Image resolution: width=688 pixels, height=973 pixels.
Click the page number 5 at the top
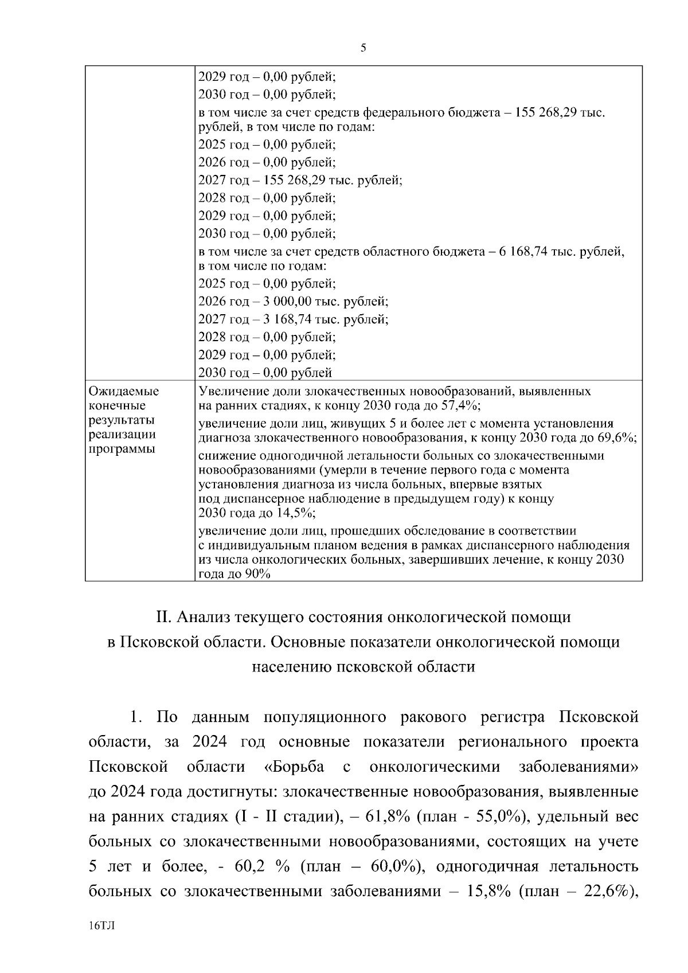pyautogui.click(x=363, y=48)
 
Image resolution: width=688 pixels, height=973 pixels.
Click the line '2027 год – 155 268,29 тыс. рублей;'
pyautogui.click(x=300, y=181)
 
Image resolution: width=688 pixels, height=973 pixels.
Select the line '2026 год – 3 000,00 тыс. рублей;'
pyautogui.click(x=293, y=302)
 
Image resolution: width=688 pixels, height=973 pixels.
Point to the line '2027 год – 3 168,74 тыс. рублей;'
pyautogui.click(x=293, y=319)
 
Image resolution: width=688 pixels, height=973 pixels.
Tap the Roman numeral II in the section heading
pyautogui.click(x=165, y=618)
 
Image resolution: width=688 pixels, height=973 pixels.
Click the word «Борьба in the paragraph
pyautogui.click(x=295, y=767)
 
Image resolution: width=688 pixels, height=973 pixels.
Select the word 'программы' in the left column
pyautogui.click(x=122, y=449)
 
